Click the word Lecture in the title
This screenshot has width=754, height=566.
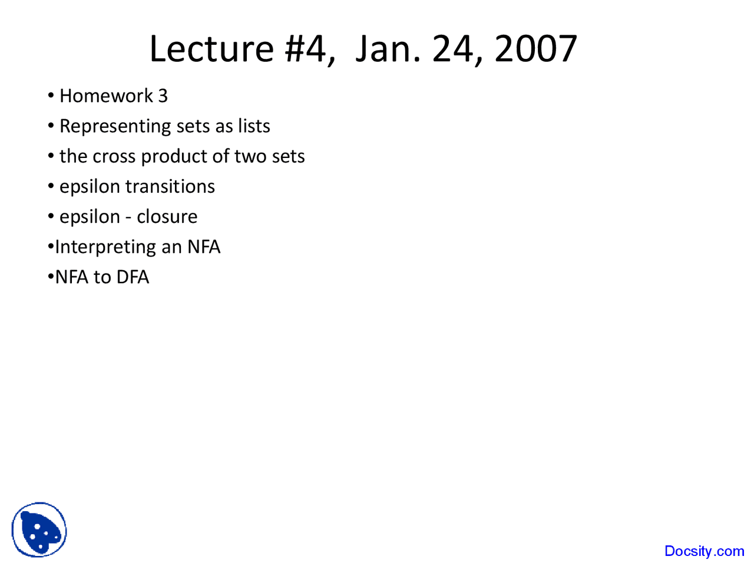click(x=211, y=49)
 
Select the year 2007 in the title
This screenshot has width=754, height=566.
click(x=535, y=49)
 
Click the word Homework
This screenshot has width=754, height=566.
click(x=106, y=96)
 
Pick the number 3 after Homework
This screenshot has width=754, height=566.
click(x=163, y=96)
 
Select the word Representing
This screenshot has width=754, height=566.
click(x=115, y=126)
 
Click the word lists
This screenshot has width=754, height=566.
click(x=254, y=126)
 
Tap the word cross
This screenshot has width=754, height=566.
click(x=114, y=157)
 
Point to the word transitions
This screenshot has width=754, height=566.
click(x=170, y=187)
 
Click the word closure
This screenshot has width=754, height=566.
click(x=167, y=217)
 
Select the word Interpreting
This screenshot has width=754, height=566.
click(x=105, y=248)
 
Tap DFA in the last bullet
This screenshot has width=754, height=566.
click(x=133, y=277)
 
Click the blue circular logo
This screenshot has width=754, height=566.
click(x=39, y=529)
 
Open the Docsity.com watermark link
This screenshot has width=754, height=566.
click(x=704, y=551)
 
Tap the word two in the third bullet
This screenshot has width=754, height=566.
click(x=250, y=157)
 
